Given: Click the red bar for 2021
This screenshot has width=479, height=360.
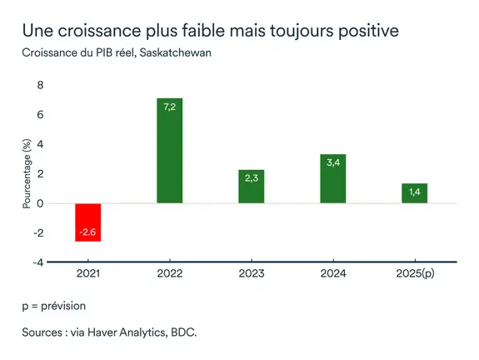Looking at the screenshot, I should [x=87, y=222].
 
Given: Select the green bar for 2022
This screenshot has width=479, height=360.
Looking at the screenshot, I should [x=169, y=151].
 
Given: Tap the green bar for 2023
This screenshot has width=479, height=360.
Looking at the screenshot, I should [x=251, y=187].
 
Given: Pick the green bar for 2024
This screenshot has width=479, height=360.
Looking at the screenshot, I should [x=332, y=178].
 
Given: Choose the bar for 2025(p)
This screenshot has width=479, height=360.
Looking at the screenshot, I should [x=414, y=193].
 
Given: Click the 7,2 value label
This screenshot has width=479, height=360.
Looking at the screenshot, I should [x=169, y=107].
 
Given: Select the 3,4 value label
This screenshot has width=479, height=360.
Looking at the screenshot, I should [x=332, y=163].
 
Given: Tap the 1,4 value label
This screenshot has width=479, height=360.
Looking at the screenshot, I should [x=414, y=192].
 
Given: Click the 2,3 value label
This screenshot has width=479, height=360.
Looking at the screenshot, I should [x=251, y=178].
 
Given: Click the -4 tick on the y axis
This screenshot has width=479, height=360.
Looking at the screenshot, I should [x=37, y=262].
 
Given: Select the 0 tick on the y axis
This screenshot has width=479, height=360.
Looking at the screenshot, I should [x=39, y=203].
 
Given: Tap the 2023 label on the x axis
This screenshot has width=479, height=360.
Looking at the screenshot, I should [x=251, y=274].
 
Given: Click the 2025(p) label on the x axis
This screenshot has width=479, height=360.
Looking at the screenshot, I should [x=414, y=274].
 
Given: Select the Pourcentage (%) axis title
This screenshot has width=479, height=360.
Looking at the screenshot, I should [x=26, y=174].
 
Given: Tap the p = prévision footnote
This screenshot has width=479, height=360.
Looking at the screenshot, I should [x=53, y=306].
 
